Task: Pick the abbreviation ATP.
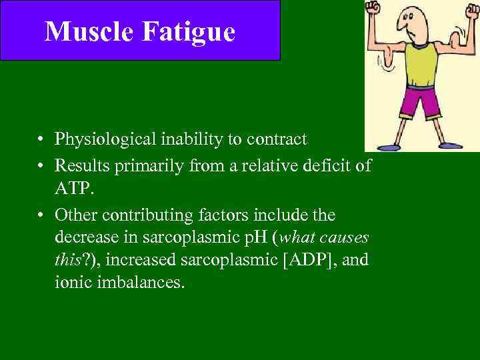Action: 74,191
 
